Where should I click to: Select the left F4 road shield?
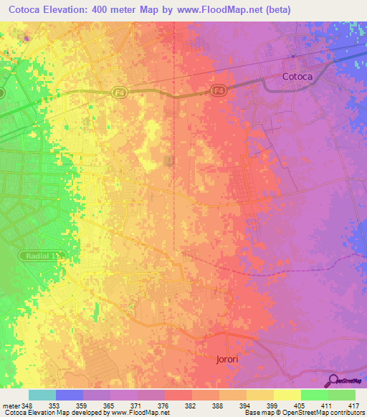[x=118, y=92]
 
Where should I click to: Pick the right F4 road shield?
[x=219, y=90]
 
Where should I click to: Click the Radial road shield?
[x=42, y=254]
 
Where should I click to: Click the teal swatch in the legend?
[x=42, y=395]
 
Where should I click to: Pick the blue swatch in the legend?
[x=70, y=395]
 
